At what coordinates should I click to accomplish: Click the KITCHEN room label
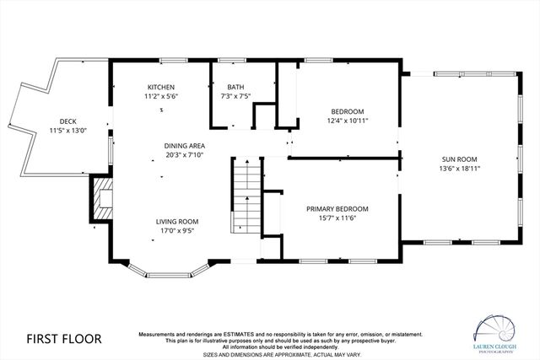click(161, 88)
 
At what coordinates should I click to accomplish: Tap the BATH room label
click(235, 88)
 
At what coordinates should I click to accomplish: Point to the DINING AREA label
click(184, 146)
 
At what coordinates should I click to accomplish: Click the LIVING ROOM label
click(176, 221)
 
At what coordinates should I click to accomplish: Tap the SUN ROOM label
click(459, 159)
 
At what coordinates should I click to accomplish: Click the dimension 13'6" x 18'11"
click(459, 169)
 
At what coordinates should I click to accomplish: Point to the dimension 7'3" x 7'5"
click(235, 97)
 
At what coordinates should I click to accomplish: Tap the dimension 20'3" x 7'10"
click(184, 155)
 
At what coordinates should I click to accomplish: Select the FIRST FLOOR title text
click(63, 339)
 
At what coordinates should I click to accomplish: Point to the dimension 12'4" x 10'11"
click(347, 121)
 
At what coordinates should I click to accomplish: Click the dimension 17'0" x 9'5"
click(176, 230)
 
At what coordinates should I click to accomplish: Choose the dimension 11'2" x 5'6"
click(161, 97)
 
